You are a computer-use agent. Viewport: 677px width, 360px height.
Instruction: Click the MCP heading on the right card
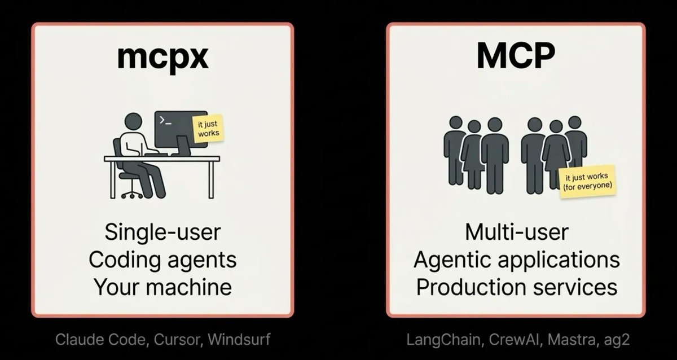[516, 56]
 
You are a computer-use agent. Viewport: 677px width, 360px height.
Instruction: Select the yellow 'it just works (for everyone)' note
[586, 182]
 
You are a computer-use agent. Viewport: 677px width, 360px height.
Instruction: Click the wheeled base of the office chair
[131, 194]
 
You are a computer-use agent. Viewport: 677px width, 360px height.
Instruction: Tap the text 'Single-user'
[162, 232]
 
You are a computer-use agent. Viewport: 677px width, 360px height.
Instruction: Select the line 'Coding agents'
[162, 260]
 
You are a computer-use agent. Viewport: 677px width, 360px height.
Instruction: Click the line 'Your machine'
[162, 287]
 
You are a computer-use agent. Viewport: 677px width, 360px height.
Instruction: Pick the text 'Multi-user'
[516, 232]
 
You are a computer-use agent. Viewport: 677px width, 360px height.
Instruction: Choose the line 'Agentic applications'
[516, 260]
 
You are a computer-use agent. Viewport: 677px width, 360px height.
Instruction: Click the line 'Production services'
[516, 287]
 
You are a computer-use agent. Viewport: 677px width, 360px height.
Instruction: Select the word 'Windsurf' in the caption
[239, 340]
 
